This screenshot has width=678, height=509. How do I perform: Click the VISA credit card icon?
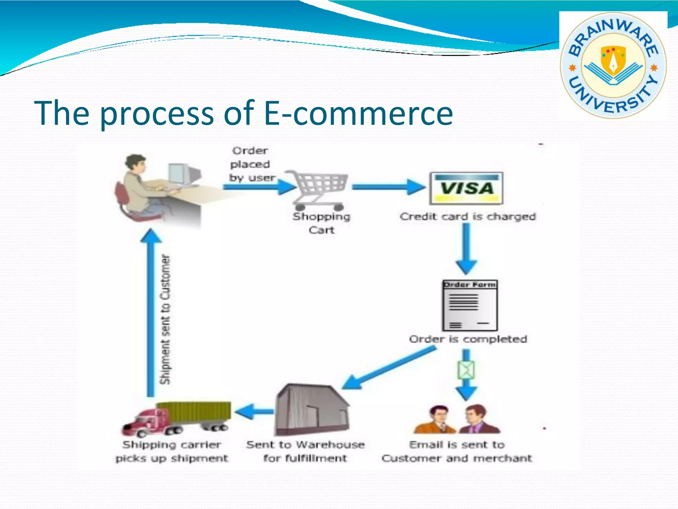(466, 188)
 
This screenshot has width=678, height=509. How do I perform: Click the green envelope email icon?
(466, 370)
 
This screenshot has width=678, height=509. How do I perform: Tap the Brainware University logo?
(612, 65)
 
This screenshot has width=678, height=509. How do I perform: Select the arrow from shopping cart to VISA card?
(387, 187)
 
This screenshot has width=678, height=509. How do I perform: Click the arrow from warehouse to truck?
(254, 412)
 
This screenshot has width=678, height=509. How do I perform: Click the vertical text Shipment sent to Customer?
(165, 319)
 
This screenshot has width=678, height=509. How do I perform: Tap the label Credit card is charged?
(467, 216)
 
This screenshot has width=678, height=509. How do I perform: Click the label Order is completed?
(468, 339)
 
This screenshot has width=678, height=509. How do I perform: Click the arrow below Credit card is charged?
(466, 249)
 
